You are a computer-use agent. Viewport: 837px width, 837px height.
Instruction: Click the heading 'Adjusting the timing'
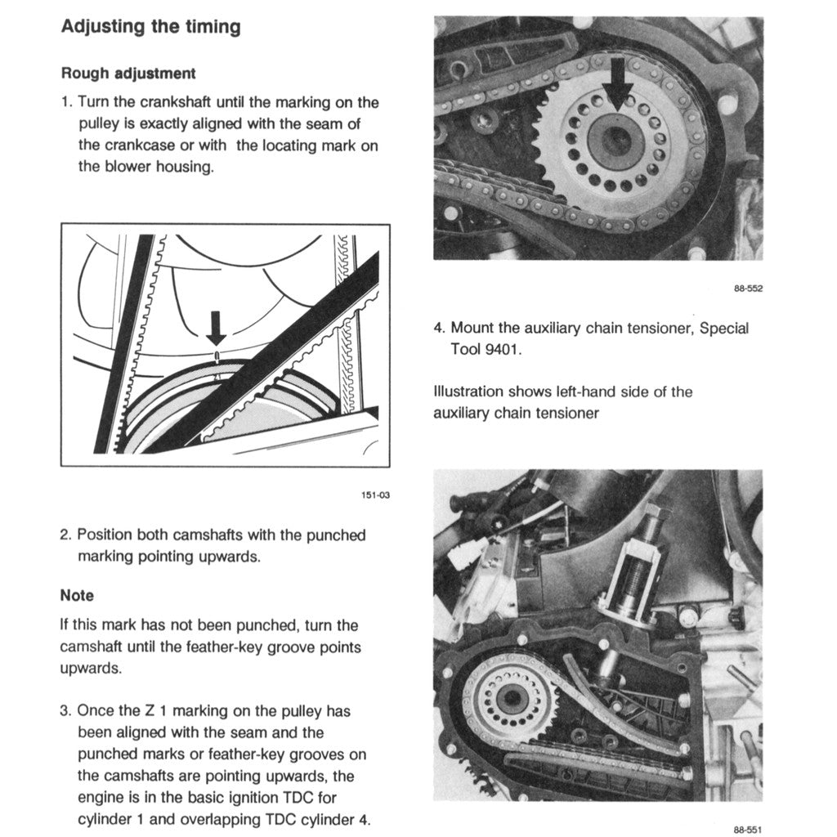coord(151,27)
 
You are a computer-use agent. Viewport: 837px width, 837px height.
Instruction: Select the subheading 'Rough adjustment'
coord(128,74)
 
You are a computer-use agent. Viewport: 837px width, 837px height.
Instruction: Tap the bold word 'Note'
coord(77,595)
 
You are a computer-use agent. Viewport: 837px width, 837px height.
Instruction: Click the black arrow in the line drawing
coord(216,327)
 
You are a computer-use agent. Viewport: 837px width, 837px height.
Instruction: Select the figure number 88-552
coord(747,288)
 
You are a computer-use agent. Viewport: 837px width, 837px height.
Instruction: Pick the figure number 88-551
coord(747,828)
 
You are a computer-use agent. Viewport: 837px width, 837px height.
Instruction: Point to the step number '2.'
coord(66,535)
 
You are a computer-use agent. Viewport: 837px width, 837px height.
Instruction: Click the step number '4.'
coord(439,328)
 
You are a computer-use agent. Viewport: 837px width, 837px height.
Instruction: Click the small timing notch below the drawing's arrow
coord(216,354)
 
